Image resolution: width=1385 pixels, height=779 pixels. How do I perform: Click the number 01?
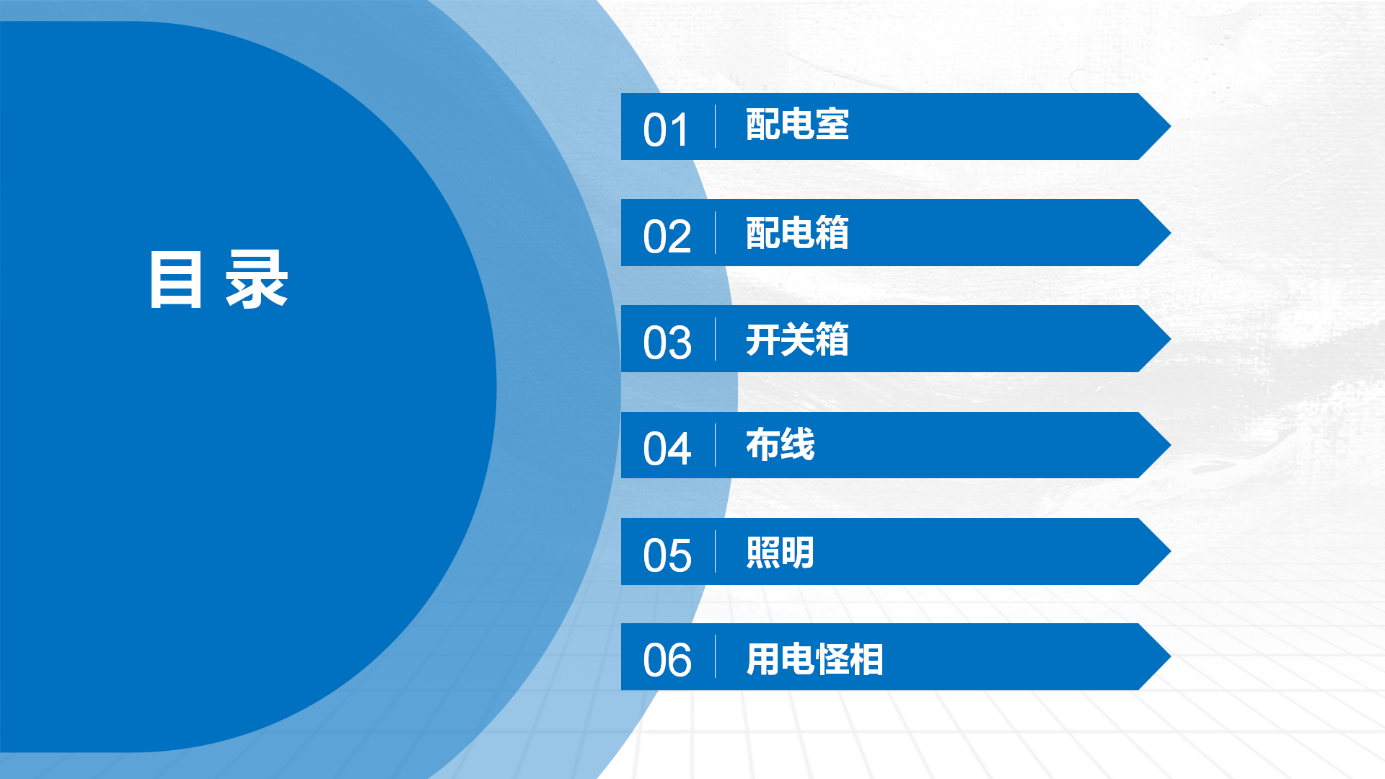point(666,131)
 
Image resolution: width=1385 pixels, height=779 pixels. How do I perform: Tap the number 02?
point(667,237)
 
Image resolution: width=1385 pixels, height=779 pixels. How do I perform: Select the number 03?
point(667,343)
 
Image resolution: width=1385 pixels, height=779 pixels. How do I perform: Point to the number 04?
point(667,449)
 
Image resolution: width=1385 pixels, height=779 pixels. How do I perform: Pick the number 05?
point(667,555)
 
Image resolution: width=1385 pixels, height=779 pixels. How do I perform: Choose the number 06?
point(667,660)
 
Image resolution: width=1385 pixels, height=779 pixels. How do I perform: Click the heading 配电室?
point(797,125)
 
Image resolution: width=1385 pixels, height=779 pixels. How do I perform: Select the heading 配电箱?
point(797,233)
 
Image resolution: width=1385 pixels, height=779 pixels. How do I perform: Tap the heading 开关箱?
point(797,339)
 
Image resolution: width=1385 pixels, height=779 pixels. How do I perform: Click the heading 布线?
point(780,444)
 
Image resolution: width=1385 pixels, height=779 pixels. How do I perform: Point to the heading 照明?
point(780,553)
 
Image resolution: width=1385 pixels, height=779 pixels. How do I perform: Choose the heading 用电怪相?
point(814,659)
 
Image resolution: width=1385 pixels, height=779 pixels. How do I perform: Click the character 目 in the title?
point(175,280)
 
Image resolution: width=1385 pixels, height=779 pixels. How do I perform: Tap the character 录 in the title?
point(257,280)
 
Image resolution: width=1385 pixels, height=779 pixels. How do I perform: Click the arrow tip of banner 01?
point(1170,126)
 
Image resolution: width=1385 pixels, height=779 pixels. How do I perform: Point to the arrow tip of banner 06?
point(1170,656)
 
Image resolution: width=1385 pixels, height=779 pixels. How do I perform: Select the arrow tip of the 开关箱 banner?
point(1170,338)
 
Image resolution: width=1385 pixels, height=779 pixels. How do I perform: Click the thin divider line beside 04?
point(715,445)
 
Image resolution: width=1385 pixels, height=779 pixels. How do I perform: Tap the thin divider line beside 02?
point(715,232)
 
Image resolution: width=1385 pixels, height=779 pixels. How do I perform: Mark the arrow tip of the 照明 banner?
point(1170,551)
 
